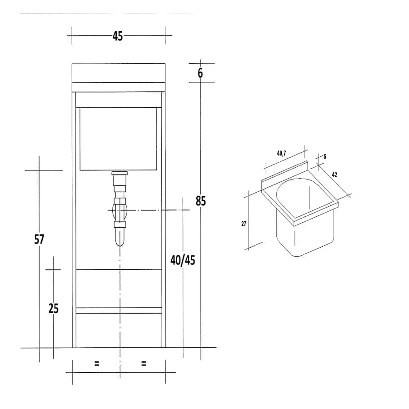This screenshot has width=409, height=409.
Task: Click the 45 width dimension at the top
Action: [118, 36]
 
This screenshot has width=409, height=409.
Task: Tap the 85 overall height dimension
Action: [200, 200]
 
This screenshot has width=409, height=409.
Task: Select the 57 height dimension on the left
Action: [39, 239]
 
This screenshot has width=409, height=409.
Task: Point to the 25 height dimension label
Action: [54, 308]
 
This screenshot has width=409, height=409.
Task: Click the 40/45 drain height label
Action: [183, 260]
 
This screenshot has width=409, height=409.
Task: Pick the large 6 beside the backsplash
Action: [200, 73]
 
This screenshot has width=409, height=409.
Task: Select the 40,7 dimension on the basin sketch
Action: [281, 154]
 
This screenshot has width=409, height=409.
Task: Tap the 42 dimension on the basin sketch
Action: [334, 175]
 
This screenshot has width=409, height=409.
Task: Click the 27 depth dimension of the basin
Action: [244, 224]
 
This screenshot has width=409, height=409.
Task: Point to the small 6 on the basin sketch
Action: [325, 157]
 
